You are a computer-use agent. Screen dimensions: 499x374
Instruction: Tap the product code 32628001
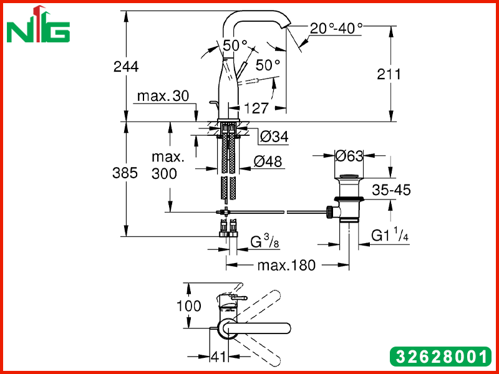440,357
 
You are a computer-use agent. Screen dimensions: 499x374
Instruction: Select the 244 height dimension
126,67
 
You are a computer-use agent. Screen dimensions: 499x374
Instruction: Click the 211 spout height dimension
389,74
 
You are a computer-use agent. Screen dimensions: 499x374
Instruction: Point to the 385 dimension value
125,173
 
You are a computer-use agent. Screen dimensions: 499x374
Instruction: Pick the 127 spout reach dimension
256,108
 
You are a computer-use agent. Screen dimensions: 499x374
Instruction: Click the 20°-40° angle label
336,29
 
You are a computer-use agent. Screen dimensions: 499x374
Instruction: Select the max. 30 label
163,96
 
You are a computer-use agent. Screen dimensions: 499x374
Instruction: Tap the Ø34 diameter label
274,137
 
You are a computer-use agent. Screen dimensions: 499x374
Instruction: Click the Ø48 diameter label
268,161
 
